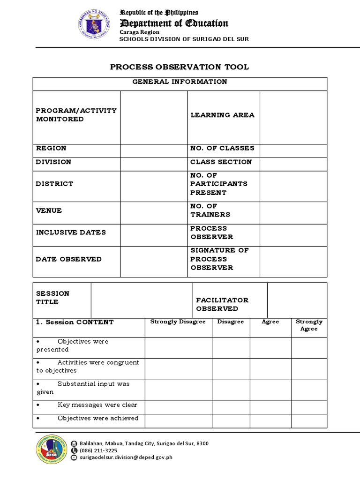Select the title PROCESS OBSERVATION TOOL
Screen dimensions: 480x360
point(180,67)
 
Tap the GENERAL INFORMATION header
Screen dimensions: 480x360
point(180,82)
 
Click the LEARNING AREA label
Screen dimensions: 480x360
point(222,115)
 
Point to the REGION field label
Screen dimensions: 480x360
point(51,148)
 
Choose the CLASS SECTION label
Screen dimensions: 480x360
point(221,162)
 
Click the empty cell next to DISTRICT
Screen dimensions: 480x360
point(154,184)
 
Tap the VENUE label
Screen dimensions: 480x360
point(49,210)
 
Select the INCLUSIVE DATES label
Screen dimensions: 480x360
point(71,232)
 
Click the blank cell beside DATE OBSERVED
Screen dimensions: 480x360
point(154,259)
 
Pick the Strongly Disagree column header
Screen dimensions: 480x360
point(178,322)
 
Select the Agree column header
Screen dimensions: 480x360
point(270,322)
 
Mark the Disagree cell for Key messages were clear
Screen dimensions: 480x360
point(231,407)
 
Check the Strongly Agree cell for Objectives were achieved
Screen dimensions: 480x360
point(309,421)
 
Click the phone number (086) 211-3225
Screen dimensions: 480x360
point(98,450)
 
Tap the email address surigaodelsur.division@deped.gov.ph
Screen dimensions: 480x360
point(126,457)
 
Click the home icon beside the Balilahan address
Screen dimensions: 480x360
point(74,443)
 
